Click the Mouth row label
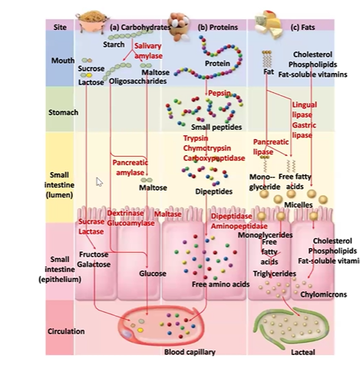(62, 60)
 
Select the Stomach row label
(62, 112)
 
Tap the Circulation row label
(67, 332)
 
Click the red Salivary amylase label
(148, 51)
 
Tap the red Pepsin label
(219, 93)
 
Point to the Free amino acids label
(220, 285)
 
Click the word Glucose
(152, 273)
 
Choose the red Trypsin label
(197, 138)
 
